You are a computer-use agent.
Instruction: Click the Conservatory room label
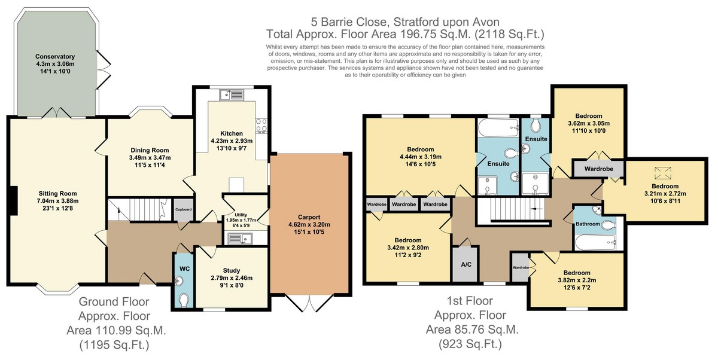point(55,56)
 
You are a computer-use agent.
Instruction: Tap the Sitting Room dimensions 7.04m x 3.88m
point(57,201)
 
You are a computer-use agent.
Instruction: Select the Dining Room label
point(150,150)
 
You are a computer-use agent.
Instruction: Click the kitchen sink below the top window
point(232,95)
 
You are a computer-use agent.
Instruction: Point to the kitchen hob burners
point(261,126)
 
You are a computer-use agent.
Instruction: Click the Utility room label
point(241,215)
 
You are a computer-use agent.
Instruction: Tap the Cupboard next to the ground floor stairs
point(184,209)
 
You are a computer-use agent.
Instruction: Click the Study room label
point(232,271)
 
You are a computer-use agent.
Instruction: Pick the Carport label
point(309,217)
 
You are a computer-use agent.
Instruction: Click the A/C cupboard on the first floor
point(466,264)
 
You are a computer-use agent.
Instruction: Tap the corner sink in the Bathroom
point(597,210)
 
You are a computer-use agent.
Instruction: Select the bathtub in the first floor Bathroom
point(595,242)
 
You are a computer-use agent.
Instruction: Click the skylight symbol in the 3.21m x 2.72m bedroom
point(662,173)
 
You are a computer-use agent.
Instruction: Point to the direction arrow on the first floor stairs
point(536,209)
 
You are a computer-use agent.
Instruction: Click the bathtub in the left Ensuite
point(498,128)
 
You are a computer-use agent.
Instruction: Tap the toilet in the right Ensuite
point(536,126)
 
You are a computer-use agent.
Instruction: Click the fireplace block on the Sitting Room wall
point(12,201)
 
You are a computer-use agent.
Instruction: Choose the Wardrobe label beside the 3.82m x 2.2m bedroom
point(521,267)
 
